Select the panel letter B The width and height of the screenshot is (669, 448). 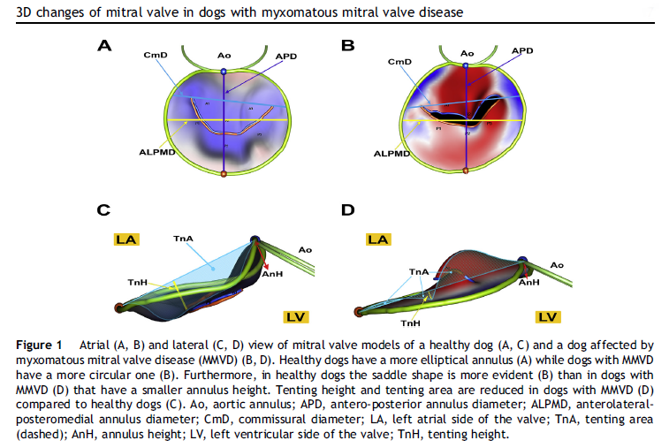(x=347, y=45)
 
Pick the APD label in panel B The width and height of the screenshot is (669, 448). (x=522, y=52)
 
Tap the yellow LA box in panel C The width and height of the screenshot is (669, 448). (x=125, y=239)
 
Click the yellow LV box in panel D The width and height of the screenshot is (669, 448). (x=546, y=315)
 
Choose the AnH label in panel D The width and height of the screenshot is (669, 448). (x=528, y=282)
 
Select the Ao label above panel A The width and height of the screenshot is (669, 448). (x=224, y=56)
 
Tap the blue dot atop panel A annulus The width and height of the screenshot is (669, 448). (x=224, y=70)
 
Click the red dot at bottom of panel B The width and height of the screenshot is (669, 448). (x=468, y=175)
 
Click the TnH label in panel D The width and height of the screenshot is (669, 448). (x=410, y=323)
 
